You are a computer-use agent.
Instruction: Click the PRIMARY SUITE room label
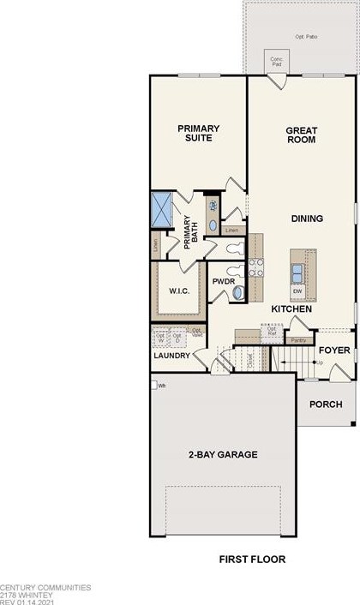point(199,134)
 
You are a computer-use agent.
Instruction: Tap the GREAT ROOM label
point(302,135)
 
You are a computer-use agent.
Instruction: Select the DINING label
point(306,219)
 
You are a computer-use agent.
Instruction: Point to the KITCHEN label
point(291,308)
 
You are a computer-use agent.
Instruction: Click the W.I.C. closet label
point(177,291)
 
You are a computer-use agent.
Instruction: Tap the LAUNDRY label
point(171,355)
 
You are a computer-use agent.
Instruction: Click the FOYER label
point(334,350)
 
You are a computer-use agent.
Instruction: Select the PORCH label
point(326,404)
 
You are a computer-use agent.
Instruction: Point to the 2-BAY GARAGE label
point(223,454)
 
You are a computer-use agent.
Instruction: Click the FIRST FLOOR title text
point(252,560)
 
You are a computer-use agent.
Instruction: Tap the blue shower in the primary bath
point(162,207)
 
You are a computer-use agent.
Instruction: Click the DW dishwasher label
point(296,291)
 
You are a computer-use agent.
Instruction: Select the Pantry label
point(298,341)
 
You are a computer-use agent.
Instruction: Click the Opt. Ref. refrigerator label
point(271,331)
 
